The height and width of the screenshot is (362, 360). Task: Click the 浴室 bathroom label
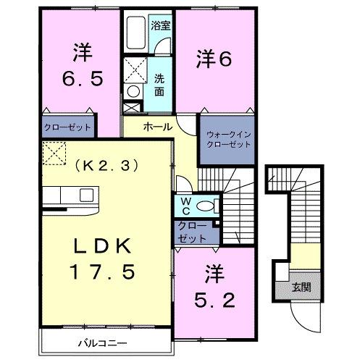(160, 25)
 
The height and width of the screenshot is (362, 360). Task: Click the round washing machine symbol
(133, 92)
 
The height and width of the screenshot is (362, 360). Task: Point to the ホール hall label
(157, 127)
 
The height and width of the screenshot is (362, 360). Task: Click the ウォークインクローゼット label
(228, 139)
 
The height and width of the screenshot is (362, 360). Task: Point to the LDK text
(101, 247)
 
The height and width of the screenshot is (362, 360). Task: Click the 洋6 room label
(212, 60)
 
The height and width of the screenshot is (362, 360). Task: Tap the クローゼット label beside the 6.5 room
(67, 127)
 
